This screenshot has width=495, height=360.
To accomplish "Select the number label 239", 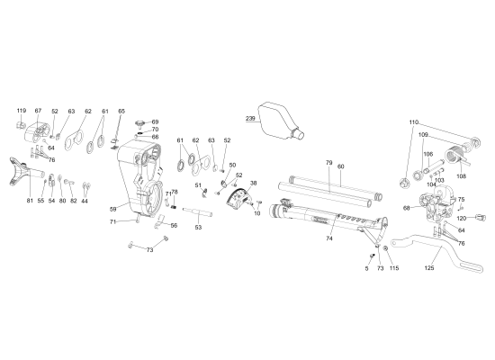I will (251, 118).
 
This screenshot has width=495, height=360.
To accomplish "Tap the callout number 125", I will (429, 267).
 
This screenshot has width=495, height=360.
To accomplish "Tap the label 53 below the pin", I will (197, 229).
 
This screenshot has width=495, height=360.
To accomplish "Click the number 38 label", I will (253, 183).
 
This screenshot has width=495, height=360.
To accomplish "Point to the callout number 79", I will (328, 163).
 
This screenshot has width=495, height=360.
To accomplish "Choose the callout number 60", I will (341, 166).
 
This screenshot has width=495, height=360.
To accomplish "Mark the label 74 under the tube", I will (329, 238).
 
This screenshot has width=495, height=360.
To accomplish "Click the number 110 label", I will (414, 121).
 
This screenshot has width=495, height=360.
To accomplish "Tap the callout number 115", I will (393, 268).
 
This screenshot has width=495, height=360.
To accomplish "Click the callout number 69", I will (155, 121).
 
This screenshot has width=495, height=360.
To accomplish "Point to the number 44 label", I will (85, 201).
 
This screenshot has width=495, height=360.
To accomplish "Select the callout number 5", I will (367, 268).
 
